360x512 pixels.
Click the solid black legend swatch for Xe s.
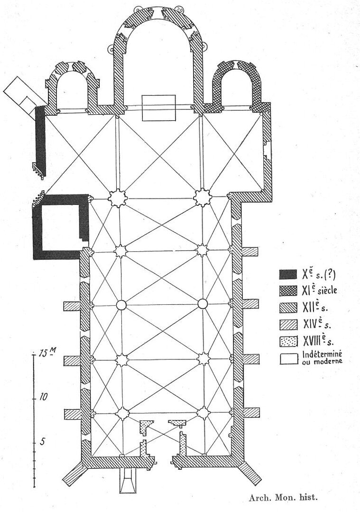pyautogui.click(x=288, y=274)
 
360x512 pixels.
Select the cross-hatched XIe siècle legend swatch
pyautogui.click(x=288, y=291)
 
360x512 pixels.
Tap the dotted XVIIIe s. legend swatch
pyautogui.click(x=288, y=341)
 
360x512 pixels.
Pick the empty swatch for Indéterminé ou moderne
pyautogui.click(x=288, y=358)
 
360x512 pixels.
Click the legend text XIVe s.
pyautogui.click(x=317, y=324)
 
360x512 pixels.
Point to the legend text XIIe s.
pyautogui.click(x=315, y=307)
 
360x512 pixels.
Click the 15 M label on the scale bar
pyautogui.click(x=47, y=353)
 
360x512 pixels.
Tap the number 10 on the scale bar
pyautogui.click(x=43, y=397)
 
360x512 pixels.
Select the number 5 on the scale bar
pyautogui.click(x=42, y=442)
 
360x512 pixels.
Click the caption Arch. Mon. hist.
pyautogui.click(x=283, y=498)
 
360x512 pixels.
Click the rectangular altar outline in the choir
pyautogui.click(x=158, y=108)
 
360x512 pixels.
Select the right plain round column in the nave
pyautogui.click(x=203, y=304)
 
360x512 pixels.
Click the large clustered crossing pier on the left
pyautogui.click(x=117, y=198)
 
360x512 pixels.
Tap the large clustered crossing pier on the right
pyautogui.click(x=202, y=197)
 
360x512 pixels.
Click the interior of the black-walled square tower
pyautogui.click(x=61, y=228)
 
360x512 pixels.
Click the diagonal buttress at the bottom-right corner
pyautogui.click(x=250, y=474)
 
